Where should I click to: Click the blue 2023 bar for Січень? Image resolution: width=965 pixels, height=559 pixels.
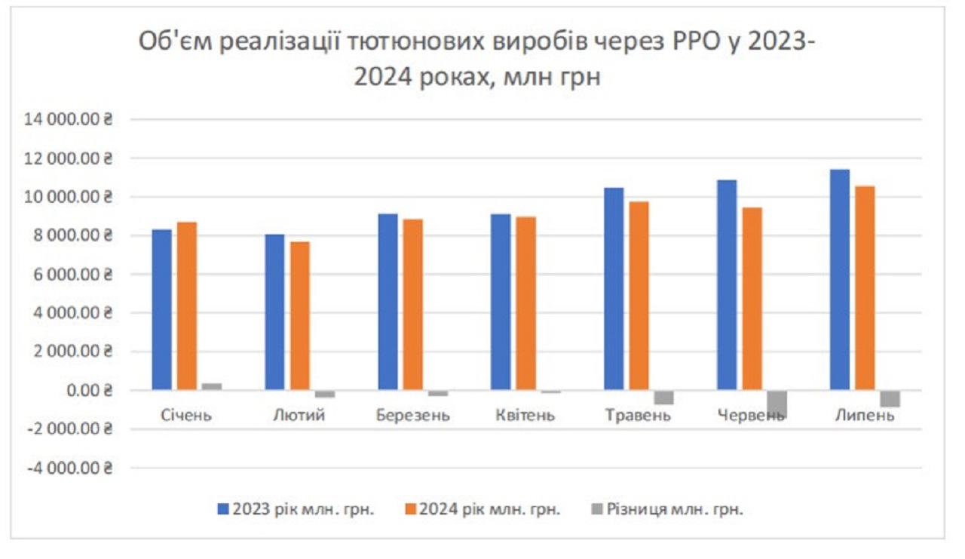[x=161, y=309]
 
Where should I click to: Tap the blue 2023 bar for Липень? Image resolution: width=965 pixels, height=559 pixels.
[x=839, y=279]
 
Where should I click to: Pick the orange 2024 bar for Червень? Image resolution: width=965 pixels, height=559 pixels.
[x=752, y=299]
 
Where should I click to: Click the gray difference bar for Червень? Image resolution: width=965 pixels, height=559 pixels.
[x=777, y=403]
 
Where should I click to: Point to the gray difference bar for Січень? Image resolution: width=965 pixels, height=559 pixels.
[x=212, y=386]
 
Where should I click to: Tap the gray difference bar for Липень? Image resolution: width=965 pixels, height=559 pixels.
[x=890, y=399]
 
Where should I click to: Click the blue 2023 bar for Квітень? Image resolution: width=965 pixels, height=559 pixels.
[x=501, y=302]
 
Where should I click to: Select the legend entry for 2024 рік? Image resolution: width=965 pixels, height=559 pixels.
[x=482, y=509]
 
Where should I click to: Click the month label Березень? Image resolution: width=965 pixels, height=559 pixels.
[x=414, y=416]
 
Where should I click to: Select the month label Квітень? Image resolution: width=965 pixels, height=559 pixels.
[x=525, y=416]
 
